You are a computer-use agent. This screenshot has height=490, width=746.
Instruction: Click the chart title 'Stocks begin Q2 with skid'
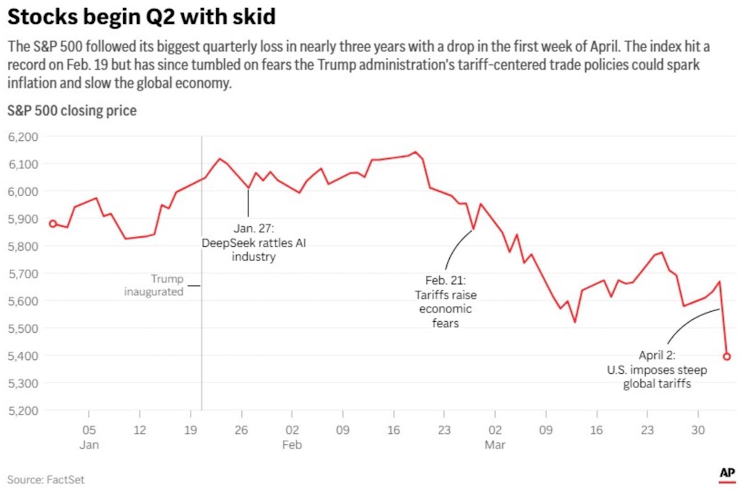(x=141, y=17)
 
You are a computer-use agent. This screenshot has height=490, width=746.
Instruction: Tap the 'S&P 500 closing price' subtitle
(x=72, y=111)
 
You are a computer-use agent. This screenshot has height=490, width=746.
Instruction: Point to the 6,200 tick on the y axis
(x=23, y=137)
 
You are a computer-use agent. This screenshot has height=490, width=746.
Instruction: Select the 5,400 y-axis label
(x=23, y=356)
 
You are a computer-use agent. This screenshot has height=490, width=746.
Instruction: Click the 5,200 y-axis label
(x=23, y=411)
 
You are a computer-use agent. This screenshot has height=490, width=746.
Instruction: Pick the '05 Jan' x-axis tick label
(x=89, y=437)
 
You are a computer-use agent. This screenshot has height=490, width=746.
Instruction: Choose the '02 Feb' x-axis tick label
(x=292, y=437)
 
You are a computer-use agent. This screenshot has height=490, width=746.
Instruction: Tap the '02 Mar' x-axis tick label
(x=495, y=437)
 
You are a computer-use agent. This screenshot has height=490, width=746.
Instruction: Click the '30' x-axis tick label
(x=698, y=430)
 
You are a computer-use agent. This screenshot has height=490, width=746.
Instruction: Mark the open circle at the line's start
(x=53, y=224)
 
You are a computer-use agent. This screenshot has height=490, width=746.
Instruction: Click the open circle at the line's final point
(x=727, y=357)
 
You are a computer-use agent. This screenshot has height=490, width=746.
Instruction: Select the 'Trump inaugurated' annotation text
(x=154, y=285)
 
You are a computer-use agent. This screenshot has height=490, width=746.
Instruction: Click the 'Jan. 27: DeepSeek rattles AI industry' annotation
(x=254, y=242)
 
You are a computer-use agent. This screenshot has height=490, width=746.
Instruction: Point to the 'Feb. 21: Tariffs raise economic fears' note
(x=446, y=301)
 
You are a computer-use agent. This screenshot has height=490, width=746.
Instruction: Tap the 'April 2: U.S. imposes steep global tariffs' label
(x=657, y=369)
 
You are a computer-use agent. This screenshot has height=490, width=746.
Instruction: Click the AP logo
(x=727, y=473)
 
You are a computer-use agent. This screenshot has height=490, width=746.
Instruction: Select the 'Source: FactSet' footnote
(x=46, y=479)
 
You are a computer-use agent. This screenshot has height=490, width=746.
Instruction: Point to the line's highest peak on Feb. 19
(x=415, y=152)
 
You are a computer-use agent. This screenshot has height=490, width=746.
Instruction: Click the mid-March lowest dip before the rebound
(x=575, y=322)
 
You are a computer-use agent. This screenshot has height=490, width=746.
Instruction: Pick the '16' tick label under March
(x=596, y=430)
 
